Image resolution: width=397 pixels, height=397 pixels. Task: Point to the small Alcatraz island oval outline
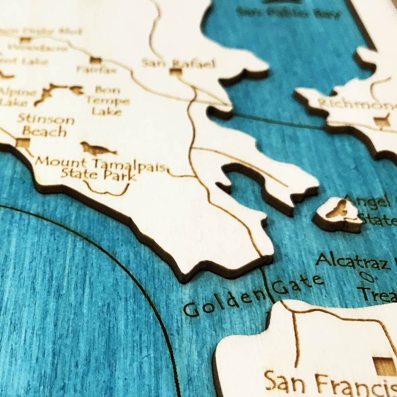(x=367, y=278)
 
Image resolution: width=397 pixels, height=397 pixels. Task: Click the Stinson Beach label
(x=46, y=125)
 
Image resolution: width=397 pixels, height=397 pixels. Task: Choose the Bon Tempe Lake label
(x=107, y=100)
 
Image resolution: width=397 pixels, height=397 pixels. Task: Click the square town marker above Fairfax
(x=95, y=60)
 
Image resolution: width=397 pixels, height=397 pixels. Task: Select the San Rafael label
(x=179, y=63)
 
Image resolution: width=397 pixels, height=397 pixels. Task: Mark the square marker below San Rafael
(x=175, y=71)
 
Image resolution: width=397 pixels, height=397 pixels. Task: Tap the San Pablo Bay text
(x=288, y=13)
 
